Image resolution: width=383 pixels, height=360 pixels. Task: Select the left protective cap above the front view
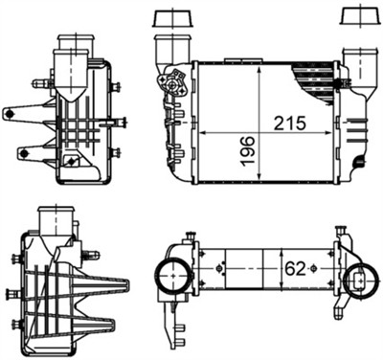pyautogui.click(x=172, y=19)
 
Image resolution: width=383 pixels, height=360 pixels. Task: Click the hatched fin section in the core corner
pyautogui.click(x=317, y=77)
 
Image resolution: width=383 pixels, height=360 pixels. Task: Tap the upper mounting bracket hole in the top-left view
pyautogui.click(x=11, y=113)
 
